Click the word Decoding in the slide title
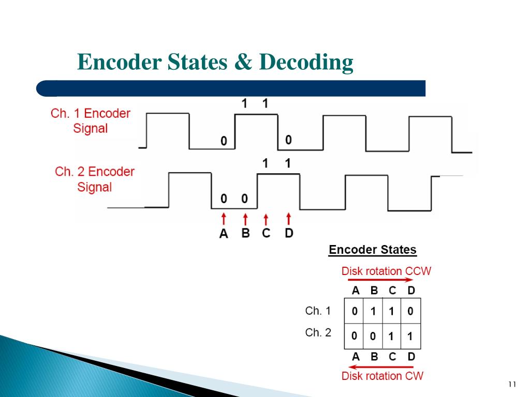tap(306, 63)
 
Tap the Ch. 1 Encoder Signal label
tap(91, 120)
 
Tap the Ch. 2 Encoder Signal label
tap(95, 179)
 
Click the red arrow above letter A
tap(224, 219)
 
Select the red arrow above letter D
tap(288, 219)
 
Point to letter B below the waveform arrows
tap(245, 233)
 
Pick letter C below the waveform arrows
tap(266, 233)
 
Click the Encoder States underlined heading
tap(373, 250)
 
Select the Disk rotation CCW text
tap(386, 271)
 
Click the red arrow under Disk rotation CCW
tap(380, 280)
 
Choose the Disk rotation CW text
tap(382, 376)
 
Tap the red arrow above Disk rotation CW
tap(381, 367)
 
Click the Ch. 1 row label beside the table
tap(318, 311)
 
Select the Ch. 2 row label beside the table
tap(318, 333)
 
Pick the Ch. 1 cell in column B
tap(373, 312)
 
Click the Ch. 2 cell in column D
tap(410, 336)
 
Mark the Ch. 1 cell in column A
tap(355, 312)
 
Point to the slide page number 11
tap(513, 384)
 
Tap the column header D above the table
tap(411, 291)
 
